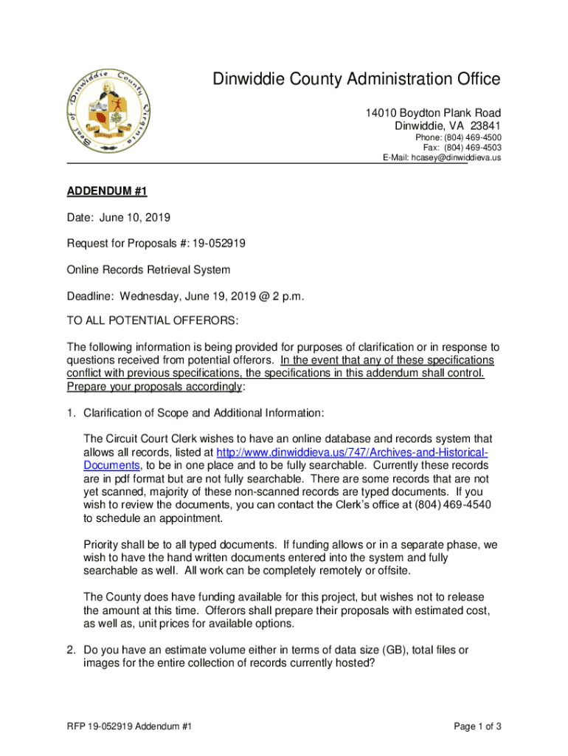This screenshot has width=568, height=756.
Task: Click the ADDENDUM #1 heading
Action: pos(108,192)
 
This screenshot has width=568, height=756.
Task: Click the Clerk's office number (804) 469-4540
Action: pos(454,505)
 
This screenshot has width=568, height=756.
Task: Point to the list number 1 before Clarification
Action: pos(71,413)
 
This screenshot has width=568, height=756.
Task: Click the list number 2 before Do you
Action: pos(71,650)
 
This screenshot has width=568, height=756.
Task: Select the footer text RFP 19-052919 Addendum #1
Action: pos(130,726)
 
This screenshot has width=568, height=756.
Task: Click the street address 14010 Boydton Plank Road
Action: pos(433,112)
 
